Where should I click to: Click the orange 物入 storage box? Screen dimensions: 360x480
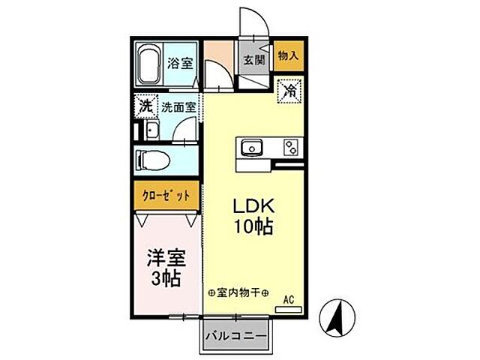(289, 56)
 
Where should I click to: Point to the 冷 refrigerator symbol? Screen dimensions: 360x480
(289, 91)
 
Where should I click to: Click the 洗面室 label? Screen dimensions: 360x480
(179, 107)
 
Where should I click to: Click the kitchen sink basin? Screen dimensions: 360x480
(250, 146)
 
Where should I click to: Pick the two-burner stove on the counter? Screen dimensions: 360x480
(289, 147)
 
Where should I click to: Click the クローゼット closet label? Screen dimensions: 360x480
(166, 196)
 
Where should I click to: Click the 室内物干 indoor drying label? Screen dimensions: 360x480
(238, 293)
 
